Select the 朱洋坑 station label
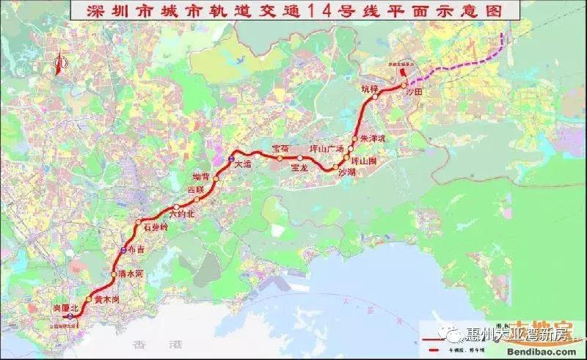coord(373,138)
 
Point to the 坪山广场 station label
coord(327,149)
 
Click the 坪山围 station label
coord(363,160)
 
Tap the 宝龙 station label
coord(299,168)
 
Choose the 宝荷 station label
coord(281,149)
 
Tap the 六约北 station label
coord(181,215)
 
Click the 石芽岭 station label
coord(156,227)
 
